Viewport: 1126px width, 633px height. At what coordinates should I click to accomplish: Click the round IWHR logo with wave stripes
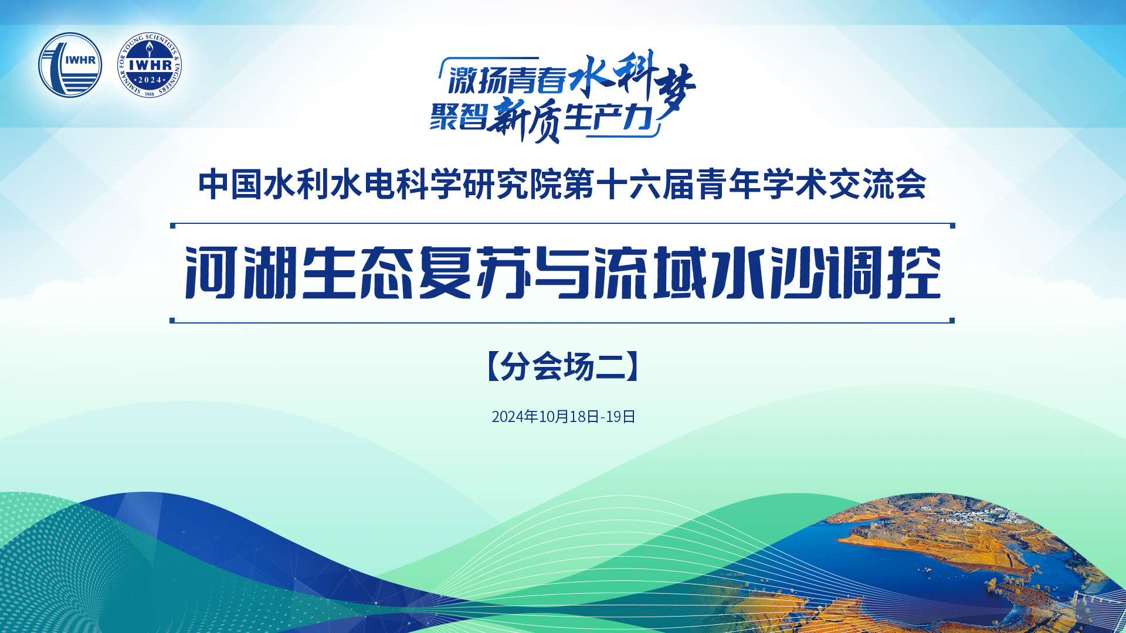(70, 65)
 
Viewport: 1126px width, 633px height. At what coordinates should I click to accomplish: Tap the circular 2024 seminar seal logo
(150, 65)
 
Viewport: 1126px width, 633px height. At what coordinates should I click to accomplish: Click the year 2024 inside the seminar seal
(150, 80)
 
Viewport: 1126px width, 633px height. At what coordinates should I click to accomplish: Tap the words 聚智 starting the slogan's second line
(458, 115)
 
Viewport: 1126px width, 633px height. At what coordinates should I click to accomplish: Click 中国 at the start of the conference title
(230, 185)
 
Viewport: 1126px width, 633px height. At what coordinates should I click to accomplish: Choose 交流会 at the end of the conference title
(877, 185)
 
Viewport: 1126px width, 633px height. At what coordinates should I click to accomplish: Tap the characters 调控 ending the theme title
(885, 273)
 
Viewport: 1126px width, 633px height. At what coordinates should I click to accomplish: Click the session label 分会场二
(563, 367)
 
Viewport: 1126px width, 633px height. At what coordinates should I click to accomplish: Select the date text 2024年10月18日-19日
(564, 417)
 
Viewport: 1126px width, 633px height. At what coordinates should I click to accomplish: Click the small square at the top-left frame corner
(172, 226)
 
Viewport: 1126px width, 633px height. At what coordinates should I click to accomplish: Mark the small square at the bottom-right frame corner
(952, 321)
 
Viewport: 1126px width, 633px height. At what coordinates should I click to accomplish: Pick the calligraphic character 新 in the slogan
(510, 117)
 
